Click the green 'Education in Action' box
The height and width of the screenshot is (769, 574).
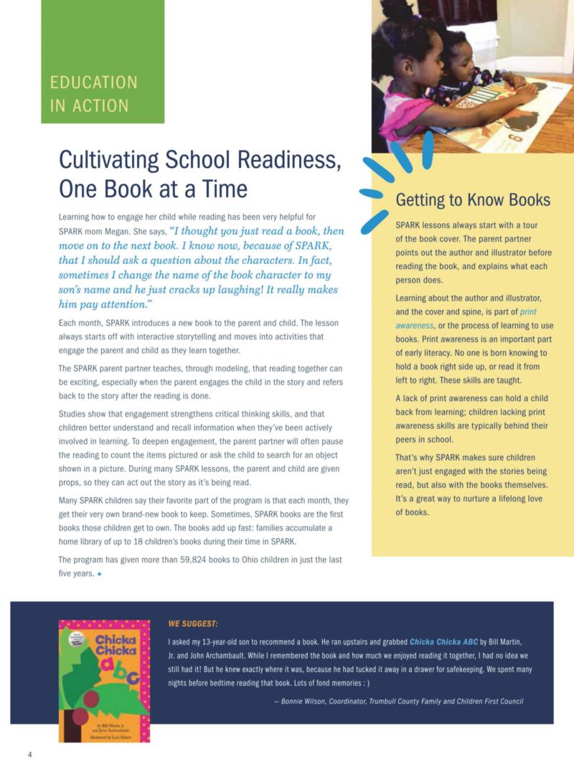click(102, 62)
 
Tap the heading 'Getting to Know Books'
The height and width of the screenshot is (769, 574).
click(473, 199)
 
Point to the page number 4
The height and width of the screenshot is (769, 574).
click(29, 754)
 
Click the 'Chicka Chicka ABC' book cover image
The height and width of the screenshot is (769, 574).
click(104, 680)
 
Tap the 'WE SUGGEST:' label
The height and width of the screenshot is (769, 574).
click(192, 623)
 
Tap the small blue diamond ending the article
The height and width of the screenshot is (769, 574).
click(100, 574)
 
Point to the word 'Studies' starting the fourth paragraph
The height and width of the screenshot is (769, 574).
click(73, 414)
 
